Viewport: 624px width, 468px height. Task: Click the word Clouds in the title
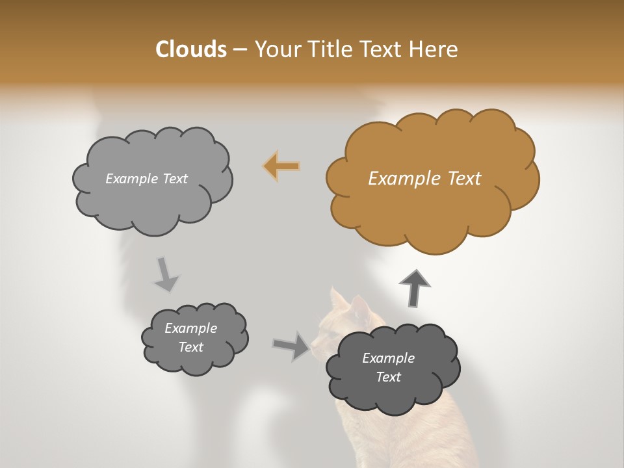pyautogui.click(x=190, y=49)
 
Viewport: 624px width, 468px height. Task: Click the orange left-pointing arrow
pyautogui.click(x=282, y=166)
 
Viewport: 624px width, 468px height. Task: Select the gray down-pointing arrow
pyautogui.click(x=165, y=274)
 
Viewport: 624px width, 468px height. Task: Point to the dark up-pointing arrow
pyautogui.click(x=414, y=287)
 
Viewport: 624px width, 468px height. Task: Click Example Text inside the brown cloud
pyautogui.click(x=424, y=179)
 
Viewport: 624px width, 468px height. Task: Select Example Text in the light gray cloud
pyautogui.click(x=146, y=179)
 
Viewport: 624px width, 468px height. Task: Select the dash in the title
pyautogui.click(x=240, y=50)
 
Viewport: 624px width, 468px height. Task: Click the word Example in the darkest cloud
pyautogui.click(x=388, y=358)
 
